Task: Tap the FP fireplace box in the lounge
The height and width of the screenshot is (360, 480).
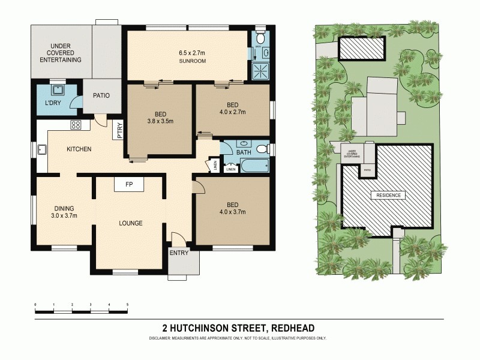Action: (129, 184)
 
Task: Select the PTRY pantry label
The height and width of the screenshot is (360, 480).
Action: (120, 130)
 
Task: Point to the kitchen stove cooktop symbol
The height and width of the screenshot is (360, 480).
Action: (77, 125)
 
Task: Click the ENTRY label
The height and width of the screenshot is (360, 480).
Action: (179, 253)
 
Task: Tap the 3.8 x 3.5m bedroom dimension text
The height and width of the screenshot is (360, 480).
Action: (160, 121)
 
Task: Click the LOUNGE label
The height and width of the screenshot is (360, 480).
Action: (130, 223)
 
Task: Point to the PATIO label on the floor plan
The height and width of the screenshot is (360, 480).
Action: (101, 95)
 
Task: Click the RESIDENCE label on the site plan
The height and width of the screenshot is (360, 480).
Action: (388, 195)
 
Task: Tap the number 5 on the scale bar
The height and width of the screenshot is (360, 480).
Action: (127, 305)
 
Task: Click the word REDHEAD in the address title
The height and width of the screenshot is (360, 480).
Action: (293, 328)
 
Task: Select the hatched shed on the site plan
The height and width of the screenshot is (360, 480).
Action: (362, 48)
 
